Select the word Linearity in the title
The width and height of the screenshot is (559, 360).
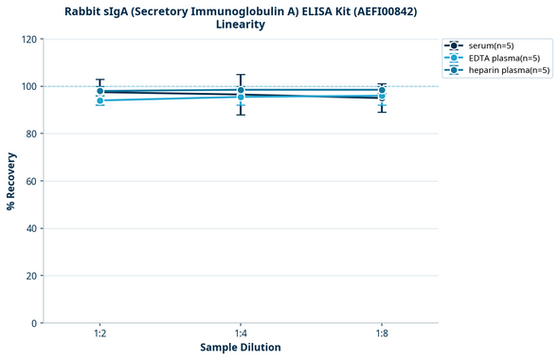point(241,25)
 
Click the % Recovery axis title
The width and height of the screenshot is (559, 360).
point(11,181)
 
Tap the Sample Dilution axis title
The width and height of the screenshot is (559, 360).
point(241,348)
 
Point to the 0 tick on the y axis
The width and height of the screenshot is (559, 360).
point(34,323)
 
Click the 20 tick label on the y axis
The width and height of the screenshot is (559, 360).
point(31,276)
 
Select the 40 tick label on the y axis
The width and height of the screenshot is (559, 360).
point(31,228)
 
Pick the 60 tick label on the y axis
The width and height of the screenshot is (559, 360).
point(31,181)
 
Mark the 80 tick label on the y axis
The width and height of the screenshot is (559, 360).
point(31,134)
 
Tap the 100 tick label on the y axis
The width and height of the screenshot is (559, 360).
point(28,86)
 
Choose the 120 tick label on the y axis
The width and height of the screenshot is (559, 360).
point(28,39)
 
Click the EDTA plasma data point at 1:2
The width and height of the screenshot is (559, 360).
point(99,100)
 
